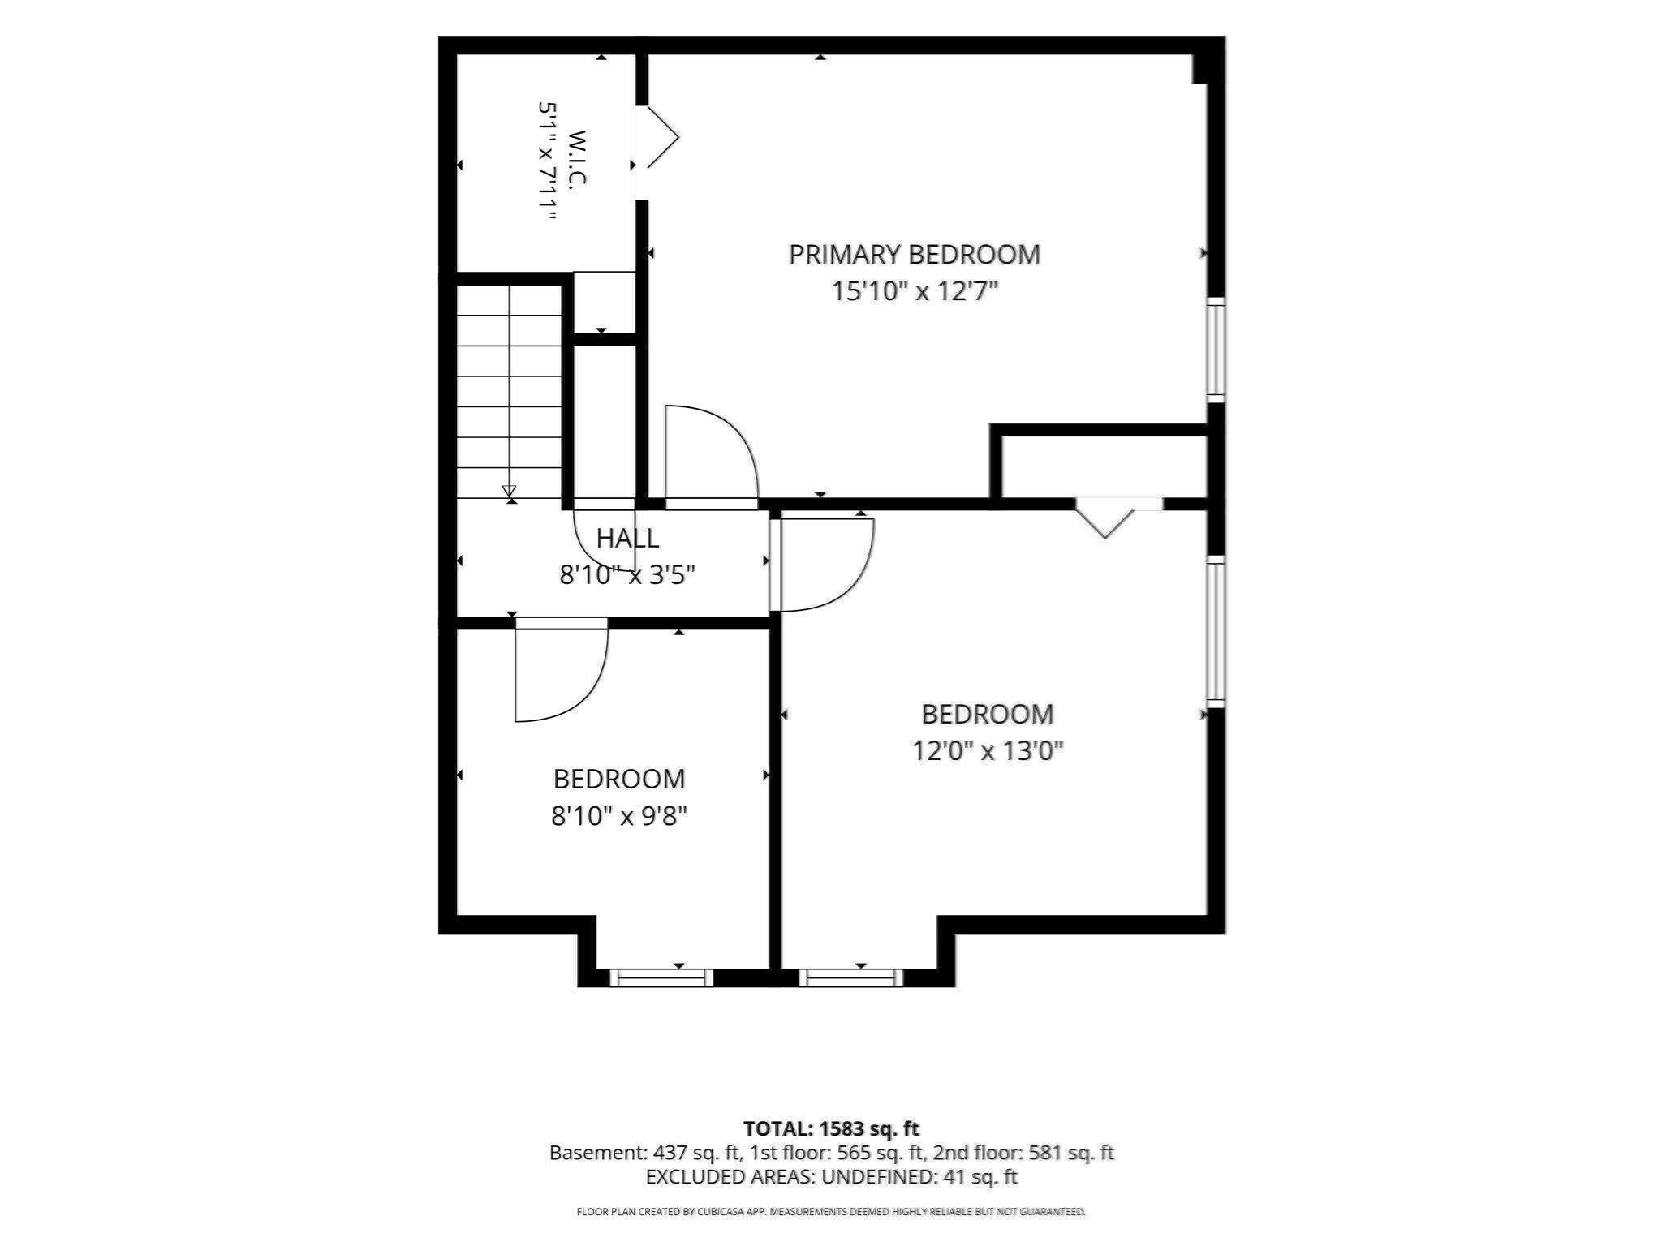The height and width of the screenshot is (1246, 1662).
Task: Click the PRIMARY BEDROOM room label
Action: click(915, 255)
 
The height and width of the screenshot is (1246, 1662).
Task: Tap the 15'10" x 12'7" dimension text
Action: click(915, 291)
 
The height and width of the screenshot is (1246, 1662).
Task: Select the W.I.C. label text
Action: click(577, 160)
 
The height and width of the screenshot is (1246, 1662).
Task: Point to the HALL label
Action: click(627, 538)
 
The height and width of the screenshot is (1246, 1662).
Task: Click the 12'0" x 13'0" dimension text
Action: click(988, 750)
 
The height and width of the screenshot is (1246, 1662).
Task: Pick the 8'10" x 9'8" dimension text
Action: click(619, 815)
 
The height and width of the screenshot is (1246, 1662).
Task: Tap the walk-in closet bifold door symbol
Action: click(657, 137)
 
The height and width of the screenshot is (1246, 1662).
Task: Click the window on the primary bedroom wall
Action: click(1215, 349)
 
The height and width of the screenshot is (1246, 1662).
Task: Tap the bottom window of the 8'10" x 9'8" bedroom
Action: click(661, 977)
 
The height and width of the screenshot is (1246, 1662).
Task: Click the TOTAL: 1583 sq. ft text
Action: click(831, 1128)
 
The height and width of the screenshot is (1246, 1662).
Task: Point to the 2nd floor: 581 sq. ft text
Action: click(1023, 1153)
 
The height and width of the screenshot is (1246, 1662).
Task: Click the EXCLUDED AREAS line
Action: click(832, 1176)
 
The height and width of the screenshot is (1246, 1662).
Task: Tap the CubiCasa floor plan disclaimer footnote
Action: click(831, 1212)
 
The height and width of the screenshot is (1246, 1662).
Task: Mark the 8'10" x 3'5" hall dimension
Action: click(627, 575)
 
